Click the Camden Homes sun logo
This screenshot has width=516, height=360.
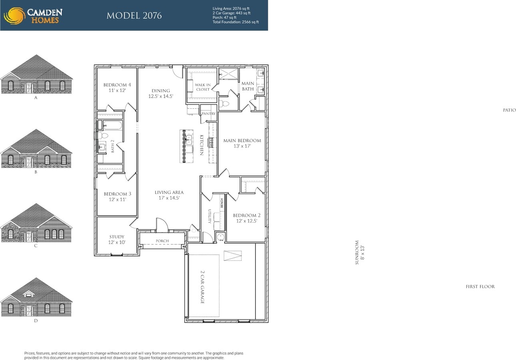14,16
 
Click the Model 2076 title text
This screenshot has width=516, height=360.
134,16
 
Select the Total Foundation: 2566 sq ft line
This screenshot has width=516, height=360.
235,22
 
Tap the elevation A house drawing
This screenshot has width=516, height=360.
36,75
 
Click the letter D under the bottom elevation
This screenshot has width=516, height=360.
36,321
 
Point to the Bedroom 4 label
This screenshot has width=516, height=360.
117,88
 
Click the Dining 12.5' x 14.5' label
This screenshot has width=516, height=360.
161,93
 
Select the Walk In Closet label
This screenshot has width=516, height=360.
203,87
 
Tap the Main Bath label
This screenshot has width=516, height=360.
248,86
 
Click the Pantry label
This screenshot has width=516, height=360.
209,114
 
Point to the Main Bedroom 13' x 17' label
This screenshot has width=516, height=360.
242,143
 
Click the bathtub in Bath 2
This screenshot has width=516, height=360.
112,126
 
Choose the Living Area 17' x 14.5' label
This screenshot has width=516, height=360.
169,195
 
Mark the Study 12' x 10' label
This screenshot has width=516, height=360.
117,239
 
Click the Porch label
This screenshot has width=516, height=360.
162,241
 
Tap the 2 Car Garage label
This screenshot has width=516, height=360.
202,287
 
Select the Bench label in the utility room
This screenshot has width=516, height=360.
222,203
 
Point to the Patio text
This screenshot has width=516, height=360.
509,110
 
